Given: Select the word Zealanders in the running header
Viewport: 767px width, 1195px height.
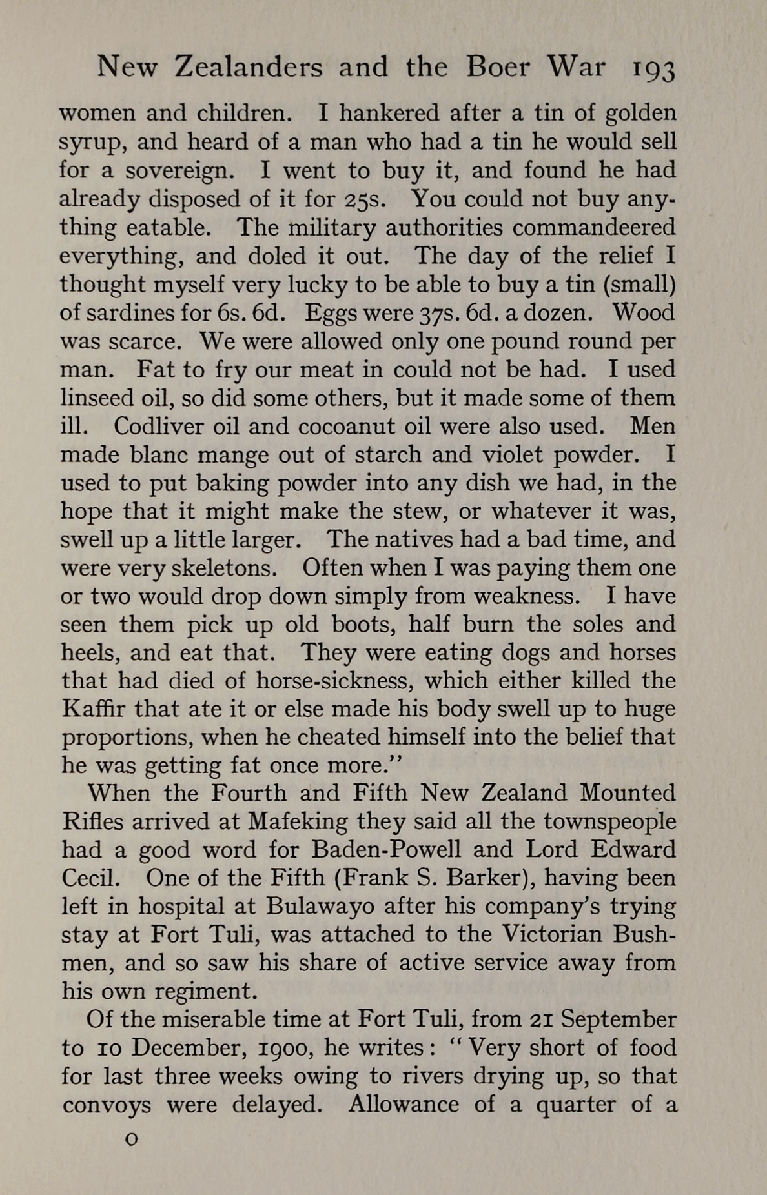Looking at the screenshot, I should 249,67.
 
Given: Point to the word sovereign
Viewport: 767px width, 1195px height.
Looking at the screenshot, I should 176,170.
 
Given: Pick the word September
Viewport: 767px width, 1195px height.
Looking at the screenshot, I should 618,1019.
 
